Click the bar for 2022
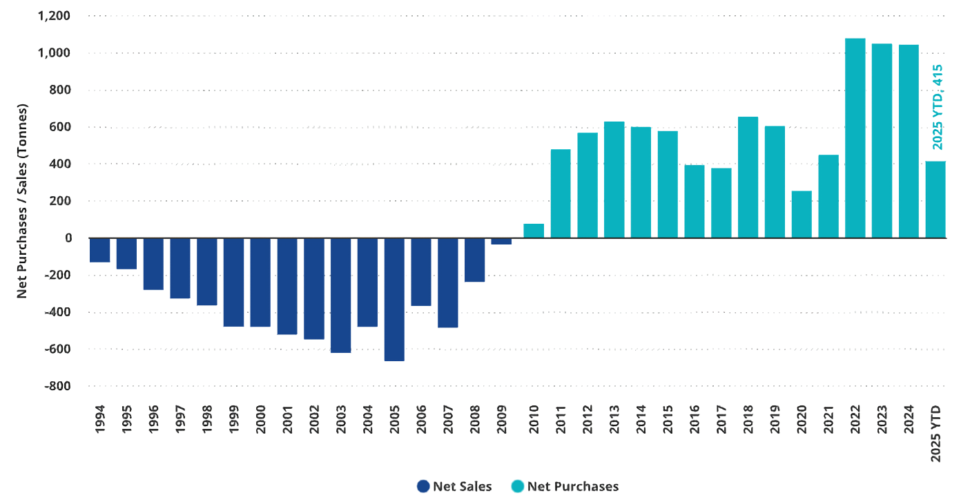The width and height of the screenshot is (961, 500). [x=855, y=138]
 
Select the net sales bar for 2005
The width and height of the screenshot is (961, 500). [x=394, y=300]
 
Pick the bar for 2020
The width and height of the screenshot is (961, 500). [x=802, y=215]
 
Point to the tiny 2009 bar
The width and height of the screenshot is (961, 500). [x=501, y=242]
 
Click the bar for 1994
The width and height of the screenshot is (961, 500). [x=100, y=251]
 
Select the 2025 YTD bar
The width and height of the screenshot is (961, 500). [x=935, y=200]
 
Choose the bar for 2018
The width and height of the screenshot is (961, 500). [x=748, y=177]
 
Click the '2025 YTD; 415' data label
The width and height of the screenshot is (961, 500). [x=937, y=107]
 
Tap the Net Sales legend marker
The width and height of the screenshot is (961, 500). [x=423, y=486]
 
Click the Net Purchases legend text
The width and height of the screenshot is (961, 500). [x=572, y=486]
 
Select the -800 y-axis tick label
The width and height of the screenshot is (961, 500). [x=58, y=386]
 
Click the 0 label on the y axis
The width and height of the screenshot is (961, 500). [x=68, y=238]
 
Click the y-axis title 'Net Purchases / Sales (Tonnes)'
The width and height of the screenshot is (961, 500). [x=22, y=201]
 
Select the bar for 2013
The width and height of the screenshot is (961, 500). [x=614, y=180]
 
